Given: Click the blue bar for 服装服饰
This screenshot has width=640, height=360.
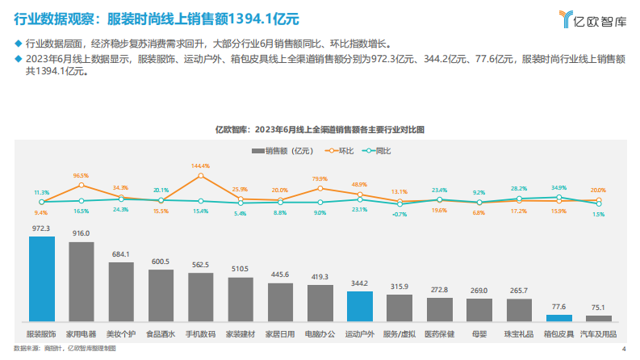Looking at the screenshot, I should [42, 279].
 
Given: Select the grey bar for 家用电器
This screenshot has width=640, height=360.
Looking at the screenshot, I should [82, 283].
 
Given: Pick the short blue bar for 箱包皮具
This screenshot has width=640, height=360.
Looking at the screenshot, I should [558, 318].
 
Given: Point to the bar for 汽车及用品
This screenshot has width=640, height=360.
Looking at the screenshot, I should [598, 319].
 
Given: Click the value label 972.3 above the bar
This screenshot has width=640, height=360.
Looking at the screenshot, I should [42, 229].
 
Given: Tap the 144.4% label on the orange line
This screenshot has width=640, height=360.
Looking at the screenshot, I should [201, 166].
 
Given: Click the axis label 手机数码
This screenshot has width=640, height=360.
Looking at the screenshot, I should [201, 332].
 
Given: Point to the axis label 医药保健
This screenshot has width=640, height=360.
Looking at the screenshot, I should [439, 332].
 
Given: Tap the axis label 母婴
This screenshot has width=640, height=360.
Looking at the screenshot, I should [479, 332].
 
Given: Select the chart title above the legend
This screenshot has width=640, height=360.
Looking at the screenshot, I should [320, 129].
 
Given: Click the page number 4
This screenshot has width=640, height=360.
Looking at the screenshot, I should [623, 349].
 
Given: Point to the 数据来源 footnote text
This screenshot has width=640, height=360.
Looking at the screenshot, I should [65, 349].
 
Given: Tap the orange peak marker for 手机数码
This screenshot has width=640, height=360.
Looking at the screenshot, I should [201, 175].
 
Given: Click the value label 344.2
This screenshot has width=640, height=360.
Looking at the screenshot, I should [359, 284].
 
